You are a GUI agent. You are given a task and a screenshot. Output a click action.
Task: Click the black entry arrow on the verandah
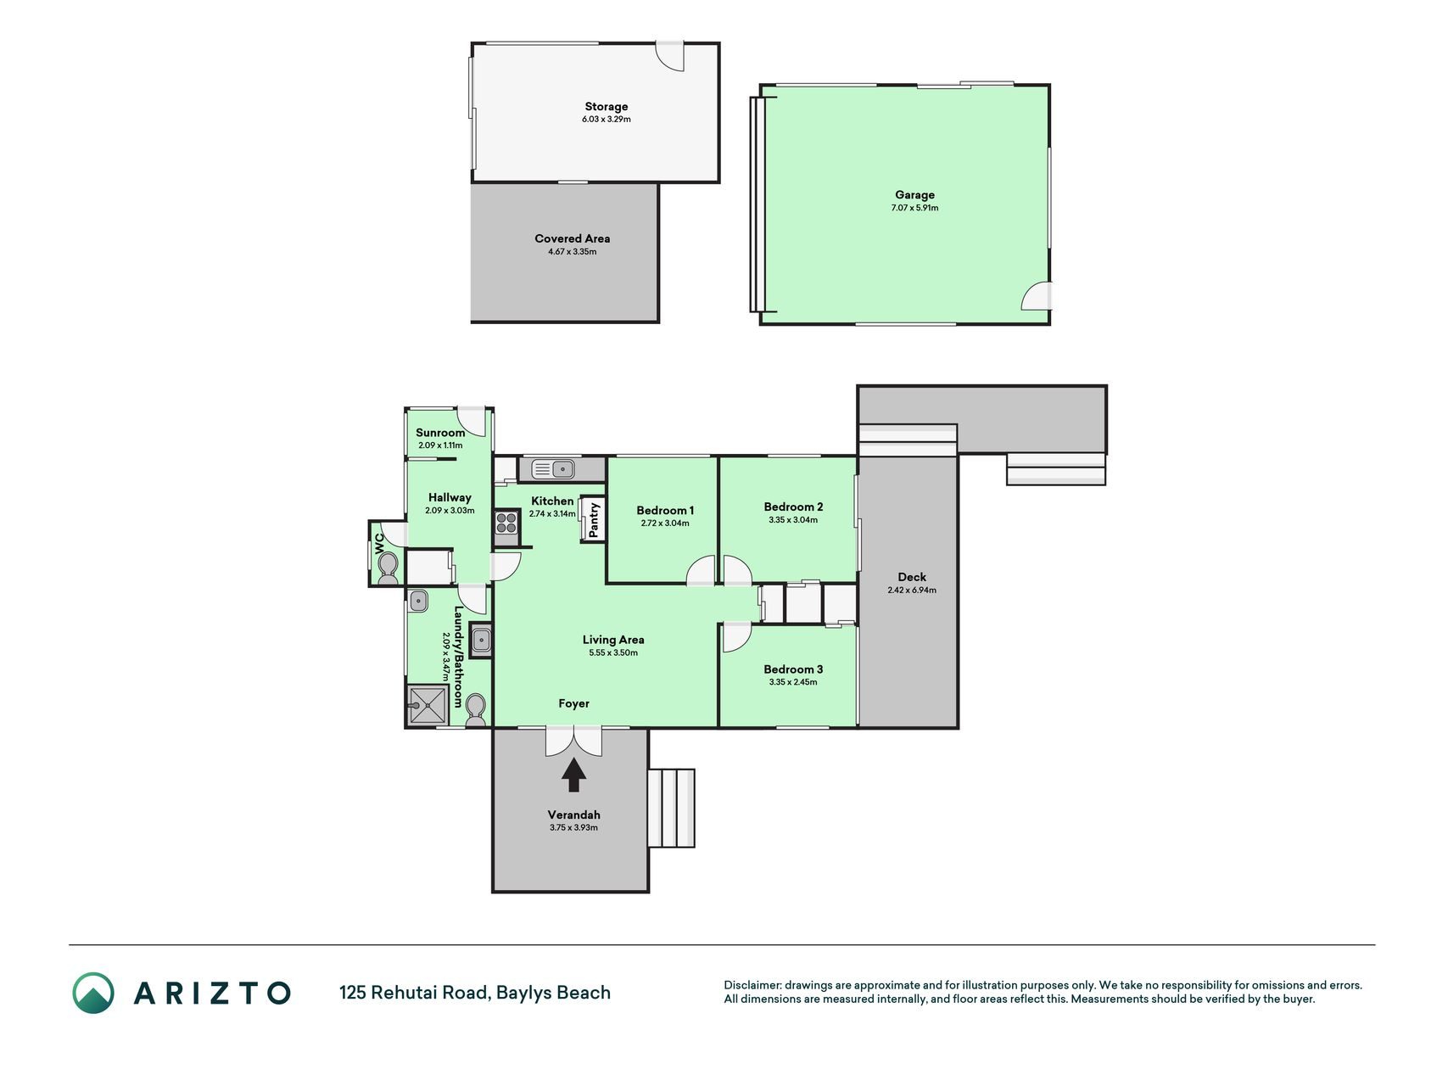coord(574,775)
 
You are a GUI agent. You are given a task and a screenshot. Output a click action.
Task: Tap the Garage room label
coord(914,194)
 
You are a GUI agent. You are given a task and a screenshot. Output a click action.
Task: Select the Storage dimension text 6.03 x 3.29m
coord(606,120)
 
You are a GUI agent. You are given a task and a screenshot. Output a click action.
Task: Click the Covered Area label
coord(572,238)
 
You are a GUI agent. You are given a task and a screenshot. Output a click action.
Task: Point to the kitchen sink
coord(553,467)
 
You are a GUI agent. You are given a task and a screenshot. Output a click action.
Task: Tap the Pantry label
coord(595,519)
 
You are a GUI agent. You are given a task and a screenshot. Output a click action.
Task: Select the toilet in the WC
coord(388,568)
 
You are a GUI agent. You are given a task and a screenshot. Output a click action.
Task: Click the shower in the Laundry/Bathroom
coord(428,704)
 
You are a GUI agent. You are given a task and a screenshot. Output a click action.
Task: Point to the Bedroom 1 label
coord(665,510)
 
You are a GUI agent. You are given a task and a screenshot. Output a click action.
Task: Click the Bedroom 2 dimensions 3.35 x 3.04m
coord(793,520)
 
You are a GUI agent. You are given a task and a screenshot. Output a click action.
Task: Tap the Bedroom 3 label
coord(793,669)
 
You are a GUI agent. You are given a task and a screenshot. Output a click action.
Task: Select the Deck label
coord(912,577)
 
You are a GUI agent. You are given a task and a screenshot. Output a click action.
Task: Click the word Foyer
coord(573,703)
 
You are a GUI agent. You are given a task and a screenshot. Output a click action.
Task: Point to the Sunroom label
coord(440,433)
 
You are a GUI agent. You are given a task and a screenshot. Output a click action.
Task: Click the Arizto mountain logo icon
coord(93,993)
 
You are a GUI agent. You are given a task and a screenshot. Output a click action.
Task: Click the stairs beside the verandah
coord(672,808)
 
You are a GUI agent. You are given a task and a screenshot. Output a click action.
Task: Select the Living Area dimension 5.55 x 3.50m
coord(613,652)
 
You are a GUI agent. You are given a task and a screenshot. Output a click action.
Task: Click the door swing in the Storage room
coord(670,56)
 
